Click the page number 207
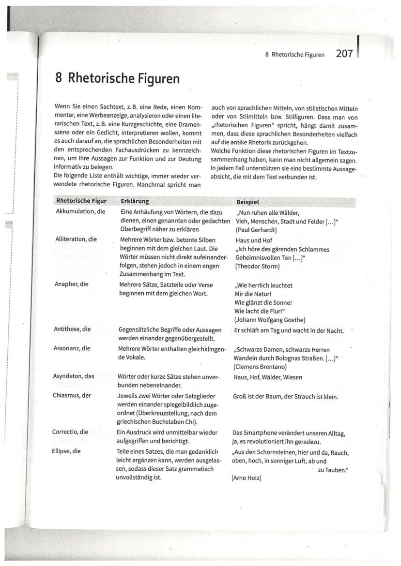coord(344,54)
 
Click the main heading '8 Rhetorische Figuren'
coord(117,78)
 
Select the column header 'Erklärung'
coord(135,201)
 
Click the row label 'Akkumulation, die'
coord(80,212)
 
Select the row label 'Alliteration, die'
coord(77,239)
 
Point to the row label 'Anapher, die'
coord(72,284)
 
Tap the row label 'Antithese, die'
coord(72,329)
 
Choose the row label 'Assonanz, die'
coord(72,348)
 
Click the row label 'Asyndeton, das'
coord(73,375)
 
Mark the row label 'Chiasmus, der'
coord(72,395)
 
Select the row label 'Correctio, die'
coord(70,432)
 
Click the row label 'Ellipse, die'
coord(66,451)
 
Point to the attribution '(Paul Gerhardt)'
coord(256,230)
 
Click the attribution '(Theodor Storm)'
coord(257,266)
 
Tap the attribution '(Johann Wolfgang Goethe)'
coord(269,320)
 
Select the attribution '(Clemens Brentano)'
coord(261,367)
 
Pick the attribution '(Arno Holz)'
coord(247,478)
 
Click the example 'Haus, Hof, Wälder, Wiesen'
coord(268,377)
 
